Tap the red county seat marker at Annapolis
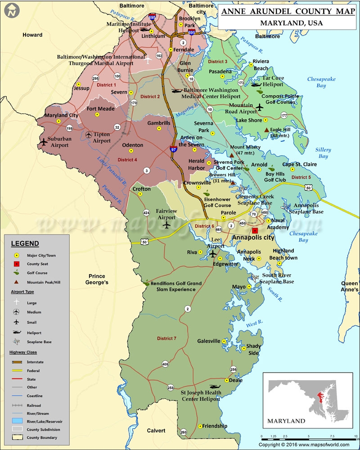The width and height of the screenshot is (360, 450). [x=255, y=230]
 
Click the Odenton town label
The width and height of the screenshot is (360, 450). [x=133, y=145]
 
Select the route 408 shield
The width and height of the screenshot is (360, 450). [x=165, y=364]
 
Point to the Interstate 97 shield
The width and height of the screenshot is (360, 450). [x=173, y=148]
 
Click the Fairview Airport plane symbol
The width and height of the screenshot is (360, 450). [x=167, y=225]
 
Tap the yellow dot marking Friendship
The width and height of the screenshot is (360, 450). [x=199, y=426]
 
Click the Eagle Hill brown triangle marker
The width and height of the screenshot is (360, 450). [x=266, y=130]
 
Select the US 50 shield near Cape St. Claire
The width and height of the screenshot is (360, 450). [x=308, y=187]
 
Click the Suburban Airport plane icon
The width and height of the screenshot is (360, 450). [x=44, y=142]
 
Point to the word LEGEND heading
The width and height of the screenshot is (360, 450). [x=25, y=244]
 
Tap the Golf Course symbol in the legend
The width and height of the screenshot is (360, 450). [x=17, y=273]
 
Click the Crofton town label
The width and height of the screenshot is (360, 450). [x=141, y=189]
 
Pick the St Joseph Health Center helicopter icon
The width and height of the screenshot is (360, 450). [x=215, y=387]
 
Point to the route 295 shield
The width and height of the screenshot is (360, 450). [x=95, y=78]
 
